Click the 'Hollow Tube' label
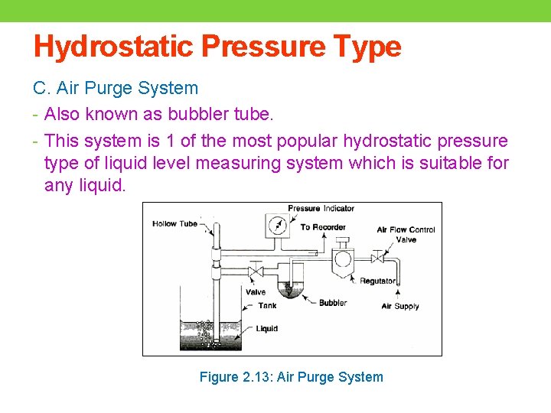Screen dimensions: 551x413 [x=174, y=224]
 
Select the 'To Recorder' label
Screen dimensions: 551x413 [x=323, y=227]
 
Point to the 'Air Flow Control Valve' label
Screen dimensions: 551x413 [x=406, y=234]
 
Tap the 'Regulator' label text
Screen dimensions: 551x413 [x=377, y=281]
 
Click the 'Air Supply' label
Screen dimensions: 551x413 [x=400, y=306]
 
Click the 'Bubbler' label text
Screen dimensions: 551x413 [x=333, y=303]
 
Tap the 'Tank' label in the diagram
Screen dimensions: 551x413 [x=267, y=306]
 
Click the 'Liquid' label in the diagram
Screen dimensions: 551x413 [x=267, y=329]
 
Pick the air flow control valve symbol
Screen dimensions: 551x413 [x=377, y=257]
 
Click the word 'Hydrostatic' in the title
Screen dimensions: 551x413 [x=113, y=47]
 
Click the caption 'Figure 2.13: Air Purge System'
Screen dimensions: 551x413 [x=291, y=377]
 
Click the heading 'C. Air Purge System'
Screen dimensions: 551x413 [x=116, y=89]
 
